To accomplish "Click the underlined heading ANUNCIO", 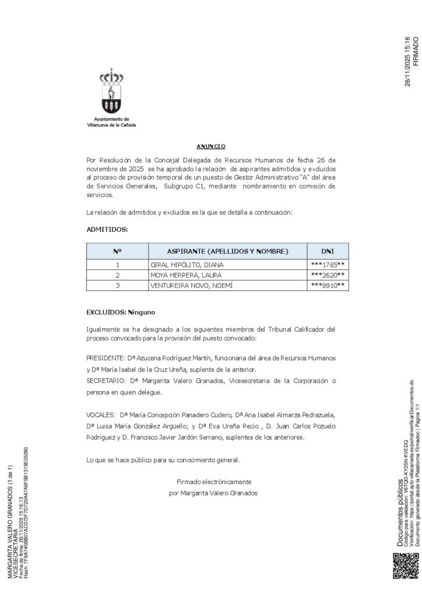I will coord(211,146).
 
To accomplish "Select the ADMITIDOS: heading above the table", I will coord(107,230).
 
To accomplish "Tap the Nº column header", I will coord(118,251).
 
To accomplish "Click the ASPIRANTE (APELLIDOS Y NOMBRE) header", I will coord(228,251).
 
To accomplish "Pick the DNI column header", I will coord(328,251).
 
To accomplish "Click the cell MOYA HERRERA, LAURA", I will coord(186,275).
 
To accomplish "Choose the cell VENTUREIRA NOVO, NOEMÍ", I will coord(191,285).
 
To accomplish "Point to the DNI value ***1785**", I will coord(328,265).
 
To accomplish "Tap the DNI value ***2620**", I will coord(328,275).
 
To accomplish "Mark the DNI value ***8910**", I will coord(328,285).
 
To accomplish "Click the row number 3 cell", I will coord(118,285).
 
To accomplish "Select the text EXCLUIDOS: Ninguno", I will coord(121,313).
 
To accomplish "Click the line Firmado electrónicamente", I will coord(214,482).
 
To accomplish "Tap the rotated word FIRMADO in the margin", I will coord(416,51).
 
